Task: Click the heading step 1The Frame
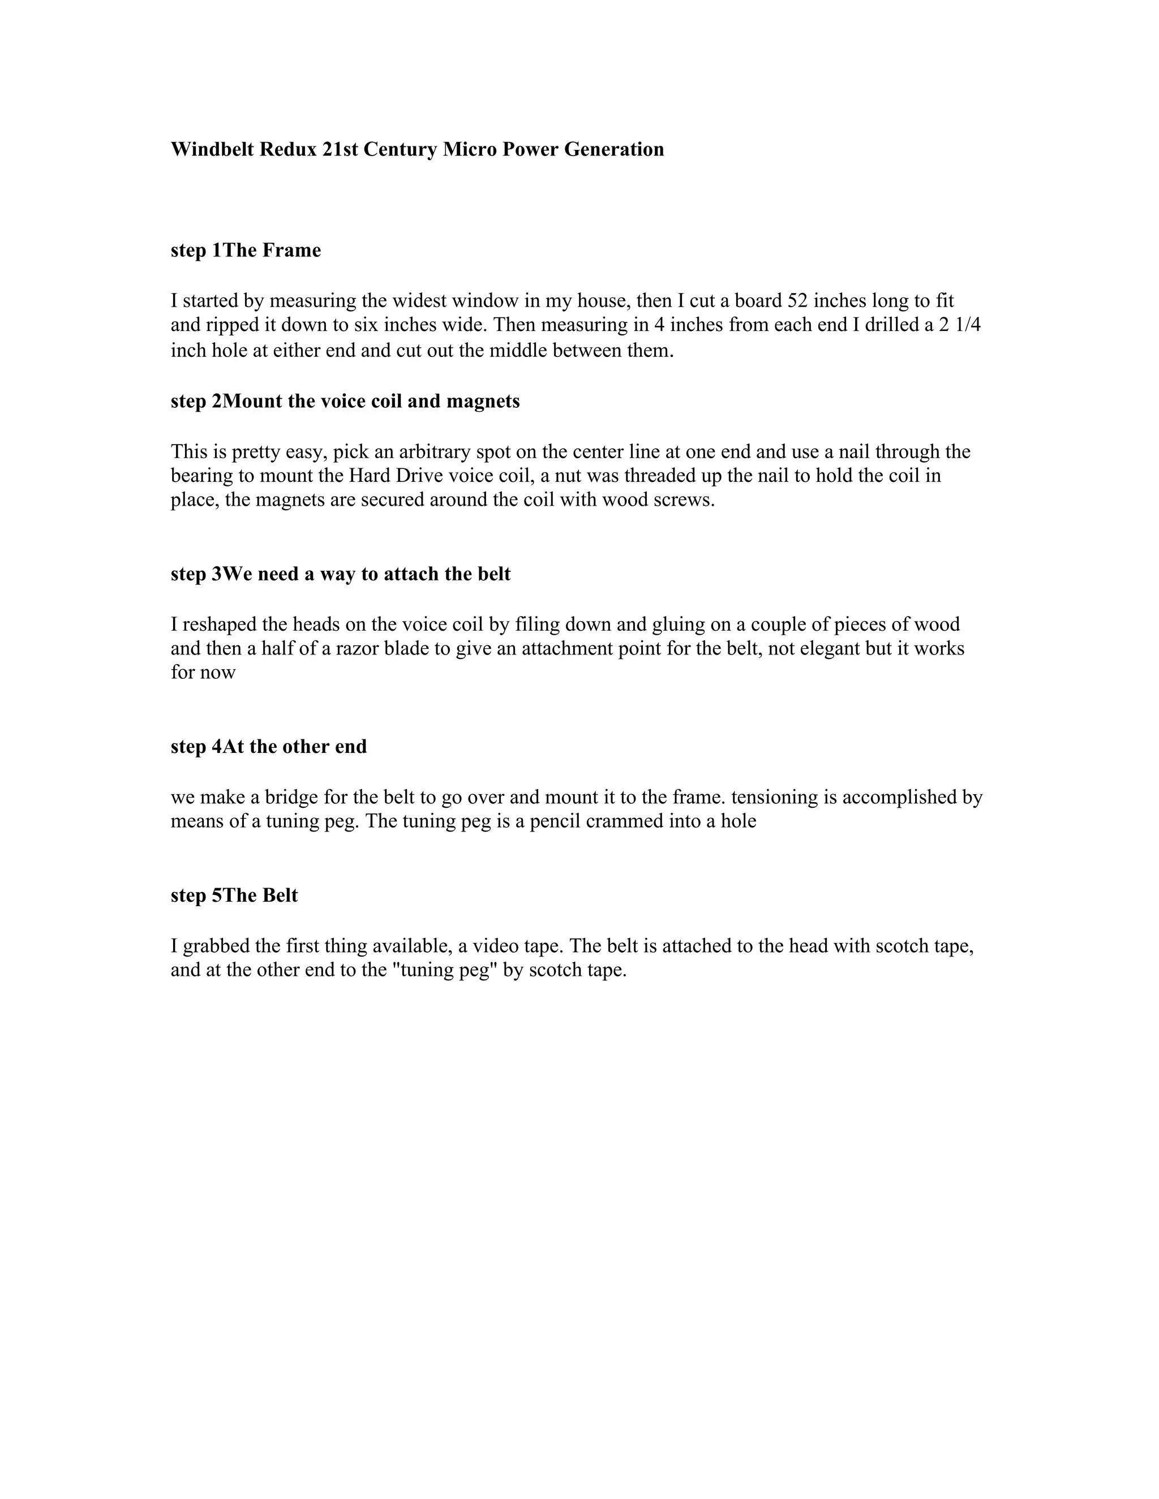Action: point(246,251)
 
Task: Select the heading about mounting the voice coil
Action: point(345,402)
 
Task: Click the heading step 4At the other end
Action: point(268,747)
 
